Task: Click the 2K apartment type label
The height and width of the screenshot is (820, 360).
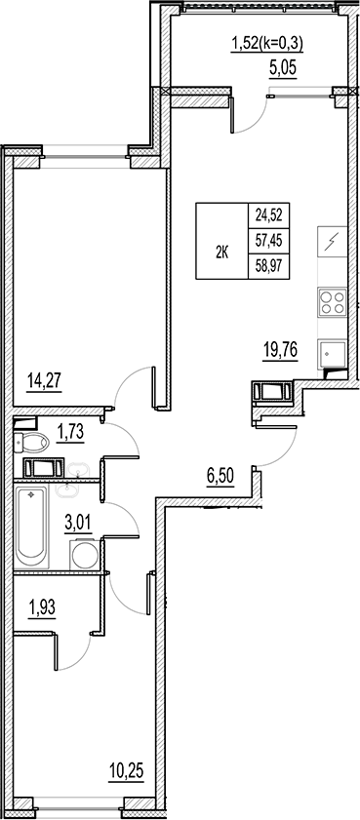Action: pyautogui.click(x=220, y=252)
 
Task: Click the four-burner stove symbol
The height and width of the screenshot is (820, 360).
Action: pyautogui.click(x=333, y=302)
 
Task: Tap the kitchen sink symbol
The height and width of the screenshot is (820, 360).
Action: pyautogui.click(x=333, y=353)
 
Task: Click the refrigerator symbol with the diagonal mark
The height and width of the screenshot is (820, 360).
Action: pyautogui.click(x=333, y=240)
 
